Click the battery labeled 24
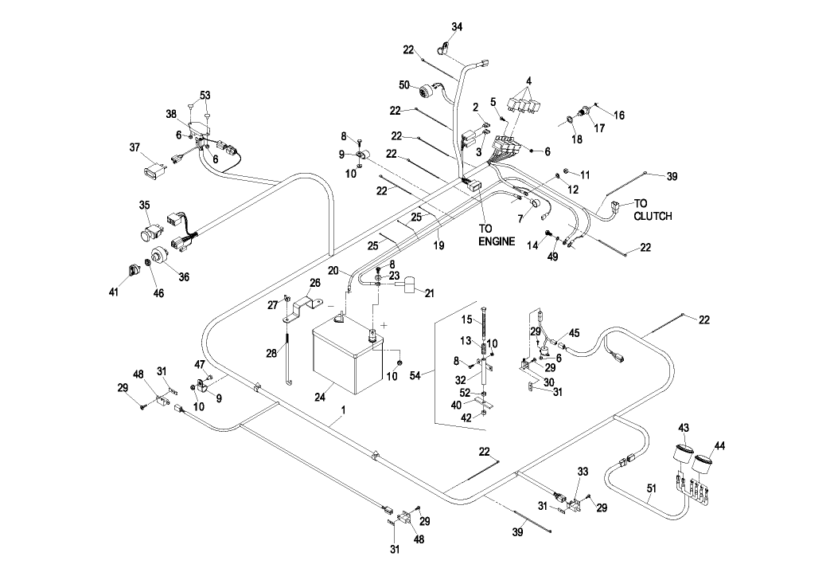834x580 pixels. (x=347, y=359)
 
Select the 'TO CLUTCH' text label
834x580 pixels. (x=653, y=210)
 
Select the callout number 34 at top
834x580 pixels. (x=457, y=26)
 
